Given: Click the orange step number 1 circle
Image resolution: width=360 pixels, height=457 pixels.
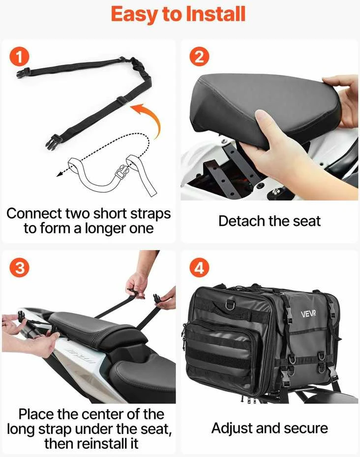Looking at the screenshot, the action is [19, 57].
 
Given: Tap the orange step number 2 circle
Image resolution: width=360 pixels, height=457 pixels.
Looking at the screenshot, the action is [199, 57].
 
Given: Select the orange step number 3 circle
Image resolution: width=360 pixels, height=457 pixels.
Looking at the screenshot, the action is [19, 267].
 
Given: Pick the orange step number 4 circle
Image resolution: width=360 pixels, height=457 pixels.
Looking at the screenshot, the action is [199, 267].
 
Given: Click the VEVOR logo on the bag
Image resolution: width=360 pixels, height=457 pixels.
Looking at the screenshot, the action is [308, 314].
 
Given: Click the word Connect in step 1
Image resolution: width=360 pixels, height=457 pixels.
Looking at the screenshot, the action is [33, 214].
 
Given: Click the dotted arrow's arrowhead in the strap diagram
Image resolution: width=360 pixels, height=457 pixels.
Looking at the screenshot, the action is [60, 174].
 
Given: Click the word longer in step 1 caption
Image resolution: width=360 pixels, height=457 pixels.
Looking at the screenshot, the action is [105, 229].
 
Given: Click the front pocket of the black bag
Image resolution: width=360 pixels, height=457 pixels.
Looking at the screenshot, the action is [222, 353].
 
